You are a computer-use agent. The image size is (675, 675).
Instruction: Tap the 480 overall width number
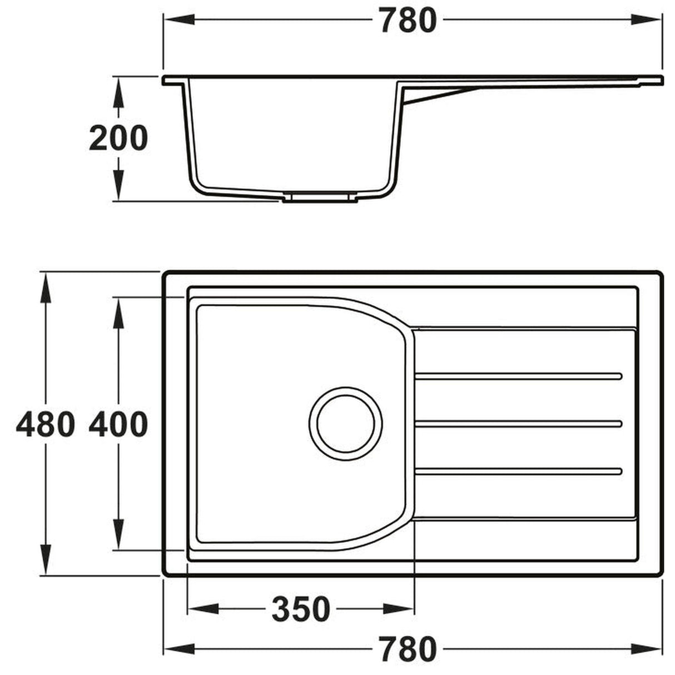[45, 425]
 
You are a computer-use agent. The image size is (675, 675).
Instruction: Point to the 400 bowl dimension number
[118, 425]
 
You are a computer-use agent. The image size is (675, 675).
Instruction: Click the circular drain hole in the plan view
[345, 423]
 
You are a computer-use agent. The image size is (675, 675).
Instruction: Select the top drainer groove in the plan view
[517, 376]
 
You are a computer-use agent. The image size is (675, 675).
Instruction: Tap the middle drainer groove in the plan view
[517, 424]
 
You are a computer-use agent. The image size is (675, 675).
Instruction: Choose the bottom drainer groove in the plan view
[517, 471]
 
